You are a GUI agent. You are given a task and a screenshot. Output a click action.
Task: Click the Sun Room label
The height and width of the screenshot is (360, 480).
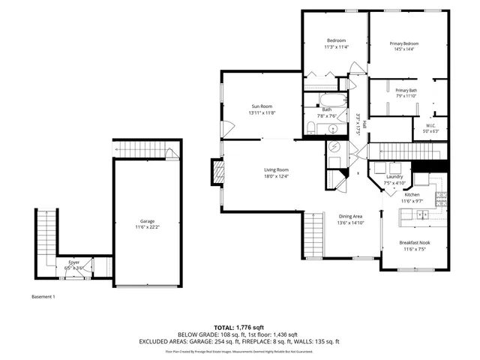[262, 106]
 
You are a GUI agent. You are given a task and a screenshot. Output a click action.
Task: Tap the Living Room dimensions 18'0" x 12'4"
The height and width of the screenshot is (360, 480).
[276, 177]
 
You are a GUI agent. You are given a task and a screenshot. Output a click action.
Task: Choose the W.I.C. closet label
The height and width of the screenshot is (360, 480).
[431, 125]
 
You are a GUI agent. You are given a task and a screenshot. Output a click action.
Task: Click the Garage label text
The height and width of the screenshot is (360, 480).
[147, 221]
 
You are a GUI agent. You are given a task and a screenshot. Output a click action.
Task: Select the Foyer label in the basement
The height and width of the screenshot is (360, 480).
[72, 262]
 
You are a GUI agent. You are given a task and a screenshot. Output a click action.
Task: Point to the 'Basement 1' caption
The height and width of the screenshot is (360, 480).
[43, 297]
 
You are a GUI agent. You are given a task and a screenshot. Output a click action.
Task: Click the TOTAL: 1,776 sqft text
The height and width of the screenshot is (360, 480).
[239, 328]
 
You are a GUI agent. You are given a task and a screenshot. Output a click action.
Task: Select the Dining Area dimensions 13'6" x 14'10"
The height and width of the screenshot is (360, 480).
[350, 223]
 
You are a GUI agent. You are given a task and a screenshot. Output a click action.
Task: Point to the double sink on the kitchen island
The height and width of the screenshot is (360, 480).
[421, 215]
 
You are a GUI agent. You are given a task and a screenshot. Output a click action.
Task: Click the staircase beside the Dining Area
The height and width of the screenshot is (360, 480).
[313, 235]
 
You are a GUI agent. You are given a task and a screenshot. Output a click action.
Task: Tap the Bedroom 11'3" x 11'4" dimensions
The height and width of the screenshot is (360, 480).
[336, 46]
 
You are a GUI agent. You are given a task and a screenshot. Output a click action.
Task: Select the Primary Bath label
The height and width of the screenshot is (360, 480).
[406, 90]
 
